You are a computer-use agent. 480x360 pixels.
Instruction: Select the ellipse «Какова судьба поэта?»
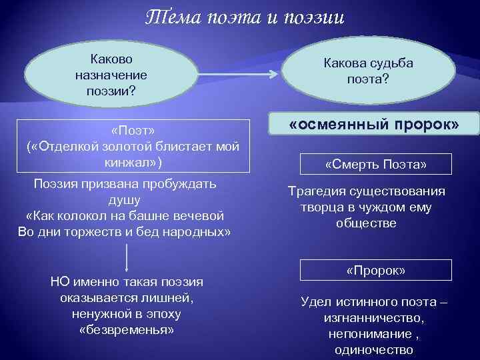367,71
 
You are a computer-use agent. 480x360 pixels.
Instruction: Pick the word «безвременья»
127,330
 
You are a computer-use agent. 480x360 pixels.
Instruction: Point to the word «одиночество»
375,349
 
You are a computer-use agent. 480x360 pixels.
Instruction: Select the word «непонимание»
367,333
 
